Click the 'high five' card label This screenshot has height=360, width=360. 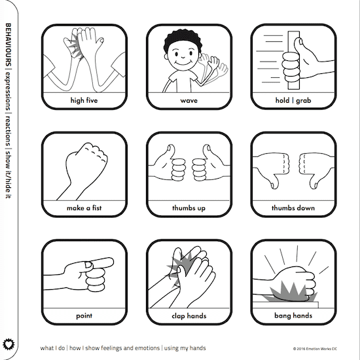coord(84,100)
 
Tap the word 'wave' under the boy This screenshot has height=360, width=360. coord(189,101)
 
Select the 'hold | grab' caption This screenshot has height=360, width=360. coord(293,100)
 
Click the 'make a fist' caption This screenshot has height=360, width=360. coord(84,207)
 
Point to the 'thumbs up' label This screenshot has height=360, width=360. coord(189,208)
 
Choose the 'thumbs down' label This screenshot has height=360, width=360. coord(293,207)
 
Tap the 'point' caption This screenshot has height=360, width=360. coord(84,315)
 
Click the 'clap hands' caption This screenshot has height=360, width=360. coord(189,315)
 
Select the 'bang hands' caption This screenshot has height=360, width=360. coord(293,315)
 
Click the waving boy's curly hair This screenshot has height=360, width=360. coord(183,39)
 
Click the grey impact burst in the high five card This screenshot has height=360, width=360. coord(76,47)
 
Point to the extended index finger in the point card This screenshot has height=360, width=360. coord(100,263)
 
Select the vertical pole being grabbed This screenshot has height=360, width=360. coord(294,60)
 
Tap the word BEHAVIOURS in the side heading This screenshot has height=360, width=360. coord(8,45)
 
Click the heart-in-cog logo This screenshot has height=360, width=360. coord(9,344)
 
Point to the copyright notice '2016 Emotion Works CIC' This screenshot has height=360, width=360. coord(315,349)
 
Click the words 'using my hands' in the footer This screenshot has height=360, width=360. coord(185,348)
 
